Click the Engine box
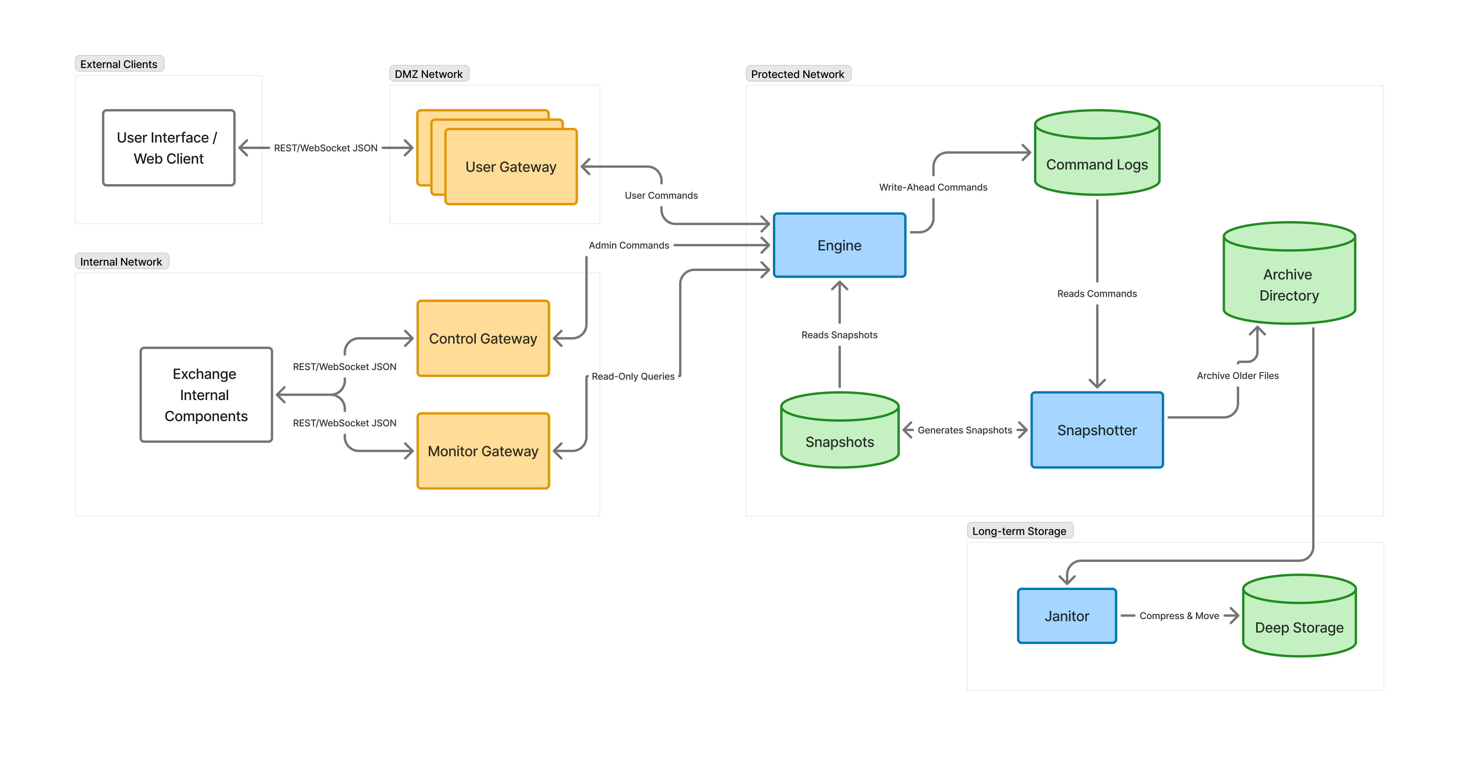click(x=839, y=245)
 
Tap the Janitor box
click(x=1067, y=616)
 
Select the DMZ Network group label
click(x=429, y=74)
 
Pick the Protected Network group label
click(x=797, y=74)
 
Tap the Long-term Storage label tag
click(x=1019, y=531)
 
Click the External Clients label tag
click(x=119, y=64)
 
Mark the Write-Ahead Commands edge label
click(x=933, y=187)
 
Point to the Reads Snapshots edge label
click(x=839, y=335)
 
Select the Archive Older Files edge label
click(x=1237, y=376)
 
